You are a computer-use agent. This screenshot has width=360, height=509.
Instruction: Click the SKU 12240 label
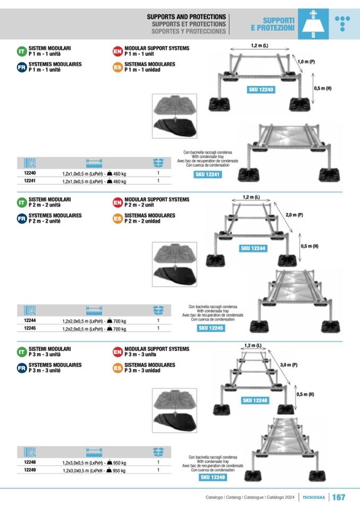[x=261, y=90]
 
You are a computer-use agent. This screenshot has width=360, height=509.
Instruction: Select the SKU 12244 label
[x=253, y=248]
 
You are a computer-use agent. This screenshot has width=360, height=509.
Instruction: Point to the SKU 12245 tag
[x=211, y=329]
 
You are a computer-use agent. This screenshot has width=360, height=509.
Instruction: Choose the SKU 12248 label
[x=255, y=400]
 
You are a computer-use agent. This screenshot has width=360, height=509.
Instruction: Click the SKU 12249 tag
[x=213, y=478]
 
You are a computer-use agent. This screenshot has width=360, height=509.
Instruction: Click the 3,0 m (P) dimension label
[x=288, y=365]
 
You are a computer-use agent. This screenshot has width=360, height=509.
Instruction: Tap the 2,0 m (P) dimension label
[x=294, y=215]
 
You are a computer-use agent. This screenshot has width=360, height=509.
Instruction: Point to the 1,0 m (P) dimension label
[x=306, y=62]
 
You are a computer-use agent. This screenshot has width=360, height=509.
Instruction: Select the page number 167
[x=338, y=497]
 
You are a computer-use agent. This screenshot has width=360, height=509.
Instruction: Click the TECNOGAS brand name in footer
[x=314, y=498]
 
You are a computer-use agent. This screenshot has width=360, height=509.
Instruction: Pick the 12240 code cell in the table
[x=30, y=174]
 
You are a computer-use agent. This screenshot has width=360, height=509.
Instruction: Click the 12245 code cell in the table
[x=30, y=329]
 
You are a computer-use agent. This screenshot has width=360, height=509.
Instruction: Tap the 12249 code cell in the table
[x=30, y=470]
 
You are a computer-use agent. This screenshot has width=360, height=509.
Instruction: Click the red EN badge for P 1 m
[x=117, y=51]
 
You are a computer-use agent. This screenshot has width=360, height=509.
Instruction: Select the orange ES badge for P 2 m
[x=117, y=218]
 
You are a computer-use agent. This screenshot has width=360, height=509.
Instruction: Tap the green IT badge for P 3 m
[x=22, y=351]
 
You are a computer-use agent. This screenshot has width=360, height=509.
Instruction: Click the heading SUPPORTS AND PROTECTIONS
[x=186, y=17]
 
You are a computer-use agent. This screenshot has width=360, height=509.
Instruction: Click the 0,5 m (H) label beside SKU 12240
[x=322, y=88]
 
